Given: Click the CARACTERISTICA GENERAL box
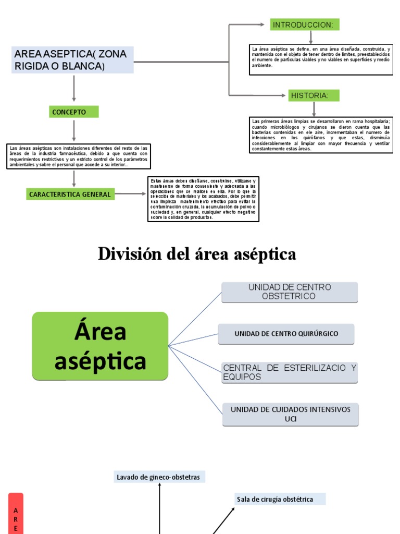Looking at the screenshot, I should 70,194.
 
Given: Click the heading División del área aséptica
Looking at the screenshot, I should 197,254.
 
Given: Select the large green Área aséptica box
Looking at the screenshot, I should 100,346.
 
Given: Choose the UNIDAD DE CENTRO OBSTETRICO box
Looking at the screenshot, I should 290,292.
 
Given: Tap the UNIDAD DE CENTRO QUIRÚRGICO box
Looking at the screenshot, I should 286,334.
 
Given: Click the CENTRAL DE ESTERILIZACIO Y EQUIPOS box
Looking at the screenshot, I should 290,372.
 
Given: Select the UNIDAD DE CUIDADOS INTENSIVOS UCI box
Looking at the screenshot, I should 291,414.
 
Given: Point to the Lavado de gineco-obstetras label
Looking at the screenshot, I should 158,477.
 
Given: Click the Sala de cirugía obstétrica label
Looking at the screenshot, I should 279,499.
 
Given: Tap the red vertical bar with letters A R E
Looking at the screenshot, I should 16,513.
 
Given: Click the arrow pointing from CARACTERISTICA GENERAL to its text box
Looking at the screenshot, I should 130,194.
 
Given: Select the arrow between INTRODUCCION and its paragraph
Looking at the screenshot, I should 311,38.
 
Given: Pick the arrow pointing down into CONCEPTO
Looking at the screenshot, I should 74,88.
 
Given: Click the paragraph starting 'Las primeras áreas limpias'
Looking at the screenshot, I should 321,135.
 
